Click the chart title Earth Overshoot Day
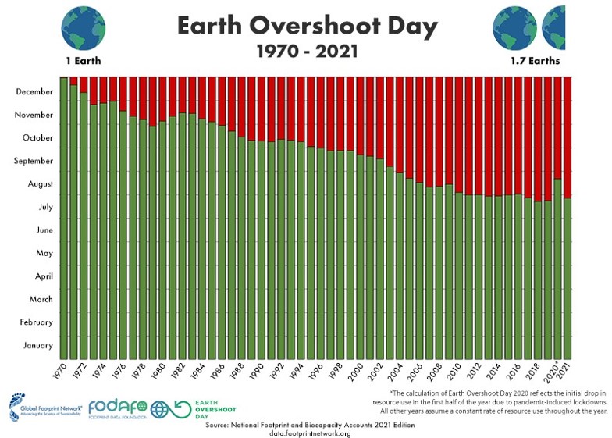(x=307, y=26)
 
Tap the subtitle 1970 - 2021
(x=307, y=52)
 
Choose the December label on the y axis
(x=34, y=92)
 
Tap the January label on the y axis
(x=37, y=345)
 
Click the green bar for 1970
(x=64, y=219)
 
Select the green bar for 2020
(x=558, y=269)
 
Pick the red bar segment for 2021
(x=568, y=137)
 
